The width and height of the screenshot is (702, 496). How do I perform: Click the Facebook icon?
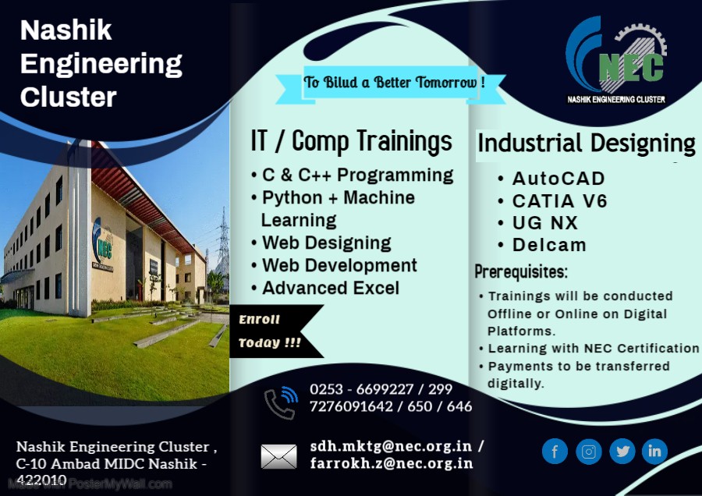point(555,451)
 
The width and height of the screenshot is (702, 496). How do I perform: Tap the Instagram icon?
point(589,451)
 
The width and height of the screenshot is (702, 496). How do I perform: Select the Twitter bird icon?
point(622,451)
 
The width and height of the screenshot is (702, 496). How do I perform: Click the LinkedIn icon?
point(654,451)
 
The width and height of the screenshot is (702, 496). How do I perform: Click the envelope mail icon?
point(278,456)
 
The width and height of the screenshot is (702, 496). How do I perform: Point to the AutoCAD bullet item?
point(558,179)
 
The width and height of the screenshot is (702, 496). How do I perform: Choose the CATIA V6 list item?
point(559,200)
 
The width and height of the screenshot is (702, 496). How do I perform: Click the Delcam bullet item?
point(549,245)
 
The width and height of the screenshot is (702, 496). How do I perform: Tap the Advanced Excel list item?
point(330,288)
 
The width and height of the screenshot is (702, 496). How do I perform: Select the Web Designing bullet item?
point(326,243)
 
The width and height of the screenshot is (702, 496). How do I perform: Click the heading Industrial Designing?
point(586,143)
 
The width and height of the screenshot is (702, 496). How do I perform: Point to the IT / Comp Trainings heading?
point(351,141)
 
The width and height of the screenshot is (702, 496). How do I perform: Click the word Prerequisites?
point(521,273)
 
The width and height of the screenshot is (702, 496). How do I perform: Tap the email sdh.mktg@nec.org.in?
point(390,446)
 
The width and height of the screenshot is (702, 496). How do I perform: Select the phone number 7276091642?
point(347,406)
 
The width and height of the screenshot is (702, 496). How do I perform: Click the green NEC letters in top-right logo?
point(630,67)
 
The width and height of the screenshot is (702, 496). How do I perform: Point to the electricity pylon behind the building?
point(223,242)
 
